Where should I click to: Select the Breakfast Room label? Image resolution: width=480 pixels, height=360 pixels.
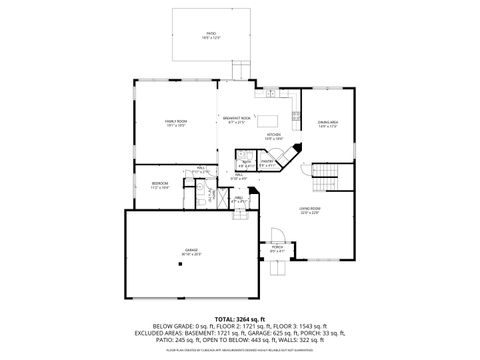pos(237,122)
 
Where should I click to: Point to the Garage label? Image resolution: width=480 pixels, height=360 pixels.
pos(191,253)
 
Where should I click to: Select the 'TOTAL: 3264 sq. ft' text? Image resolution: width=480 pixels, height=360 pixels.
pos(239,317)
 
